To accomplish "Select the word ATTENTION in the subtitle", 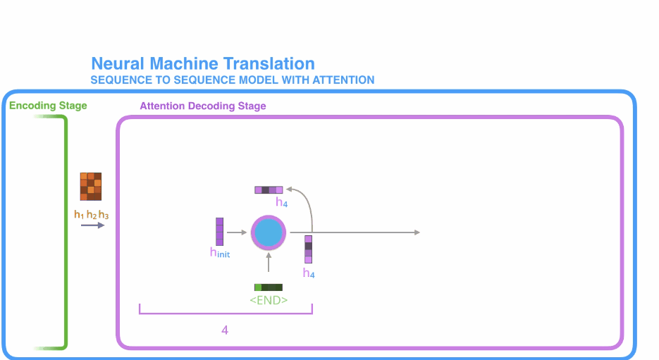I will tap(339, 80).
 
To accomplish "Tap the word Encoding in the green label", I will tap(31, 106).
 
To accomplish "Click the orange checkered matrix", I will tap(91, 186).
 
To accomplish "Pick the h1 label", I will tap(78, 214).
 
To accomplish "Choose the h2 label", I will tap(91, 214).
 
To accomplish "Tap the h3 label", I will tap(104, 214).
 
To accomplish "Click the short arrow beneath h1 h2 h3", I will tap(92, 225).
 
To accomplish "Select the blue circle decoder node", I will tap(269, 232).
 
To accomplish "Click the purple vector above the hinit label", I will tap(219, 231).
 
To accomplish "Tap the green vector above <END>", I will tap(268, 287).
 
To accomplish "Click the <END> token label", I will tap(269, 299).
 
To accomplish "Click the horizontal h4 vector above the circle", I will tap(269, 190).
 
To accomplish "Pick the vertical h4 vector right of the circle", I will tap(308, 249).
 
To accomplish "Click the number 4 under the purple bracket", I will tap(225, 330).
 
